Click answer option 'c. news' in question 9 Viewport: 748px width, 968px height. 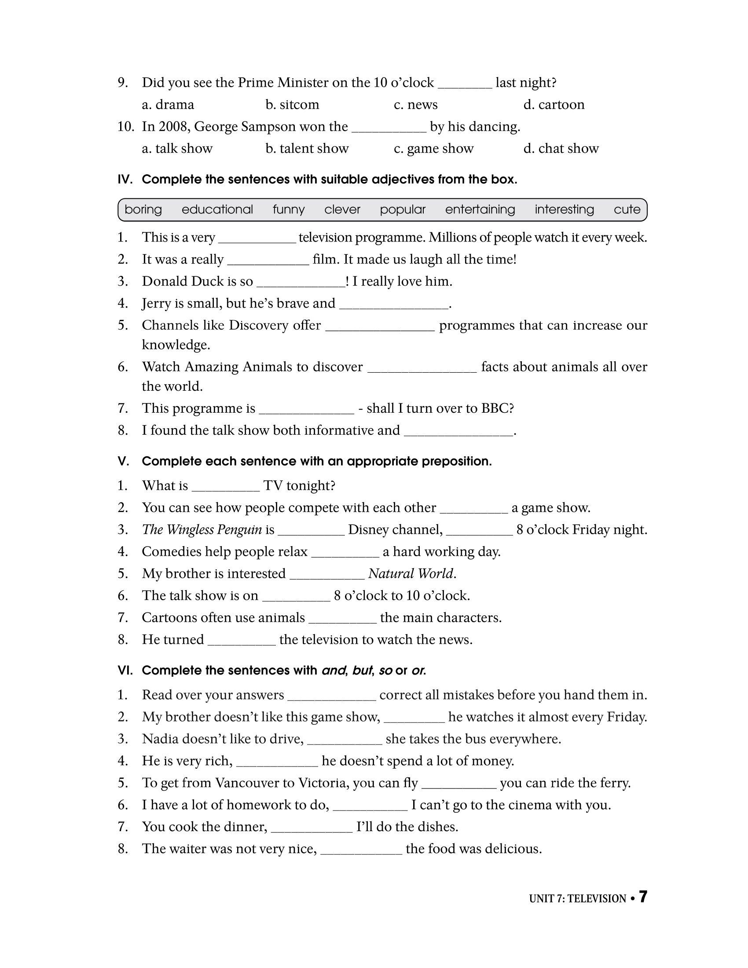point(415,105)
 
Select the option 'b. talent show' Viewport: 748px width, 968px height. point(307,148)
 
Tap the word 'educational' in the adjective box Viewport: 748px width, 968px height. point(217,209)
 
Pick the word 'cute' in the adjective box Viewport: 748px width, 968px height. point(627,209)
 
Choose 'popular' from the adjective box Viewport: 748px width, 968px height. point(402,209)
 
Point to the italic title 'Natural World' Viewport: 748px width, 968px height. point(411,573)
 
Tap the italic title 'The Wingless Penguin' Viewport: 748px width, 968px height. point(202,530)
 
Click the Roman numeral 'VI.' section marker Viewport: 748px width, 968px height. point(125,671)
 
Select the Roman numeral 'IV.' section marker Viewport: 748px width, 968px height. point(125,180)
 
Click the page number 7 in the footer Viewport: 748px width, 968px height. point(642,898)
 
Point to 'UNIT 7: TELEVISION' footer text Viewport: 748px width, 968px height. point(577,899)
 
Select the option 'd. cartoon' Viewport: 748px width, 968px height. point(554,105)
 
